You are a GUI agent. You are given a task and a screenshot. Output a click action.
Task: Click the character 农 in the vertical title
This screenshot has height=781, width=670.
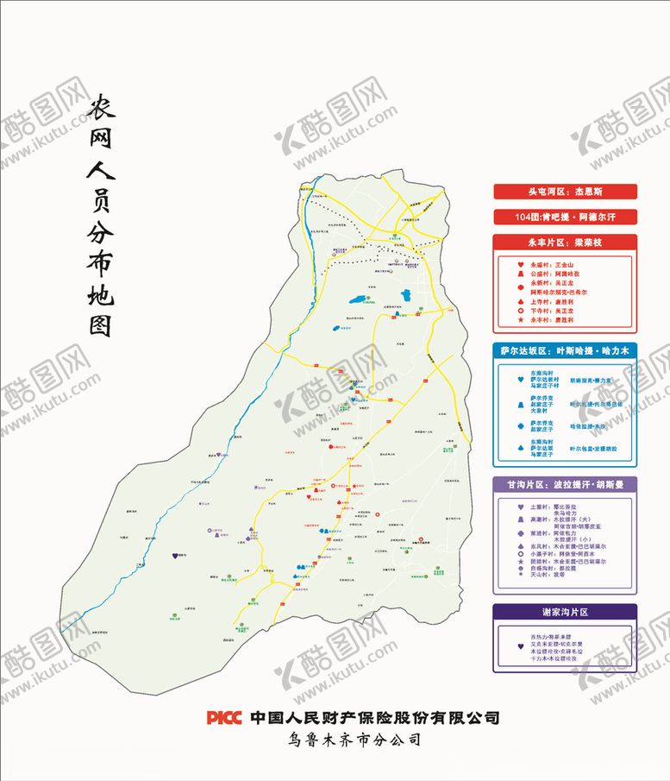pyautogui.click(x=105, y=110)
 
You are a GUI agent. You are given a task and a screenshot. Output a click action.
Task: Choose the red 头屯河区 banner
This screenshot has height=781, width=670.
pyautogui.click(x=564, y=192)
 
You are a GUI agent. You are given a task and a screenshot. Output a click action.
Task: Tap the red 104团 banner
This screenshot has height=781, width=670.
pyautogui.click(x=564, y=216)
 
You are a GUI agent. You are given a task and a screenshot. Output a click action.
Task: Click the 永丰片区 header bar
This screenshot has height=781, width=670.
pyautogui.click(x=564, y=242)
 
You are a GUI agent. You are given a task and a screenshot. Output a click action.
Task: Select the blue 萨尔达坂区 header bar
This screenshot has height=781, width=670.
pyautogui.click(x=564, y=351)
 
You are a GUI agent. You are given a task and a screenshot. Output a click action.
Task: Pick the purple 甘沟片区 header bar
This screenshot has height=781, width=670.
pyautogui.click(x=564, y=484)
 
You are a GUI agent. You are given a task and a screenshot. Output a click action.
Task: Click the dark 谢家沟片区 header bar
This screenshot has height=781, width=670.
pyautogui.click(x=564, y=612)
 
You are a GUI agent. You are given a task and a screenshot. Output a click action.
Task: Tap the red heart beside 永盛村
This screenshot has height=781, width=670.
pyautogui.click(x=520, y=264)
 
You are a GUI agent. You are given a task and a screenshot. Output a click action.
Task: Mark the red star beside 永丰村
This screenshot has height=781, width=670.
pyautogui.click(x=520, y=319)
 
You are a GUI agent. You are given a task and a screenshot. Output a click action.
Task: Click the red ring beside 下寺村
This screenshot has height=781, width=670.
pyautogui.click(x=520, y=310)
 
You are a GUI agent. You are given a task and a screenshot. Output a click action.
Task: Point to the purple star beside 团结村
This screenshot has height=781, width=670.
pyautogui.click(x=520, y=562)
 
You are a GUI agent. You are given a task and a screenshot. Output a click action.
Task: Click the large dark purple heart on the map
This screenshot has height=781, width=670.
pyautogui.click(x=177, y=556)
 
